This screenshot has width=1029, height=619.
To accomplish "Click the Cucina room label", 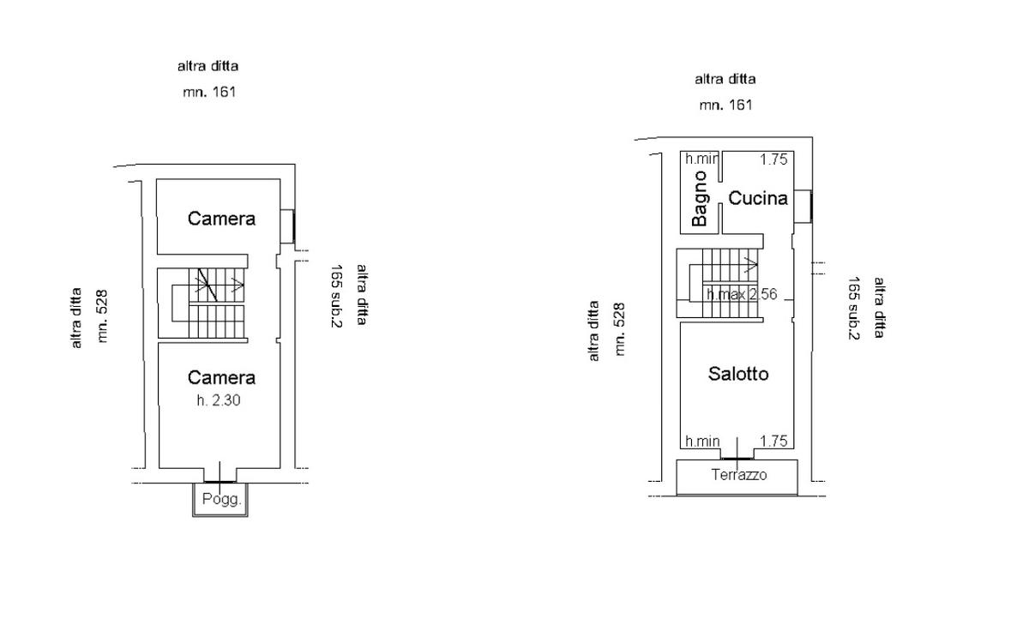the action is tap(758, 198).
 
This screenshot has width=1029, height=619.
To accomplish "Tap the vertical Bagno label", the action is tap(700, 199).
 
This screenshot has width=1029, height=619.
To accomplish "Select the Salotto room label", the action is tap(738, 374).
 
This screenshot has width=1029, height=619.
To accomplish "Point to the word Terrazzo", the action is tap(739, 475).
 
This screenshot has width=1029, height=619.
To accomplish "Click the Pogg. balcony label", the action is tap(221, 499).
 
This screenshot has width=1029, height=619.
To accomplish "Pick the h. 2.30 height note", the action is tap(218, 400).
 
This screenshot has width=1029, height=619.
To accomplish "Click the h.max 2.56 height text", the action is tap(742, 294).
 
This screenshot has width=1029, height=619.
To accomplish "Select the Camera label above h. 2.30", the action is tap(221, 377).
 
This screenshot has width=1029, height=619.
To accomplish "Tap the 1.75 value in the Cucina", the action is tap(773, 159).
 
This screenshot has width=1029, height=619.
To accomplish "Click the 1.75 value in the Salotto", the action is tap(773, 442).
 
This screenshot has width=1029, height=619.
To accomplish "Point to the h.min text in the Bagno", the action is tap(701, 159).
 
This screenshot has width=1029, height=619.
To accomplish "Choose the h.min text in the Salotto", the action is tap(701, 442).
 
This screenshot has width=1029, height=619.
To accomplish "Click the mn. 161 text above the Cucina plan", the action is tap(725, 105).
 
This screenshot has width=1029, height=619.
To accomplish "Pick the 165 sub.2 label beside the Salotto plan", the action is tap(853, 309).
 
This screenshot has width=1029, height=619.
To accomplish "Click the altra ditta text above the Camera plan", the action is tap(208, 65).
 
